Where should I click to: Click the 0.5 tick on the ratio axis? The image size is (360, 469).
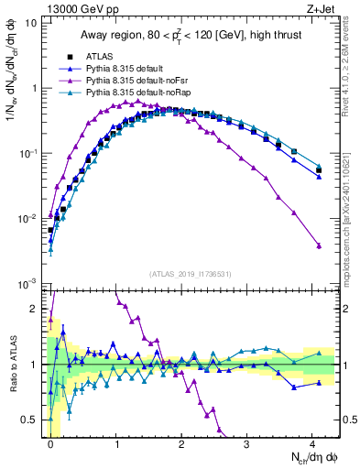32,420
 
